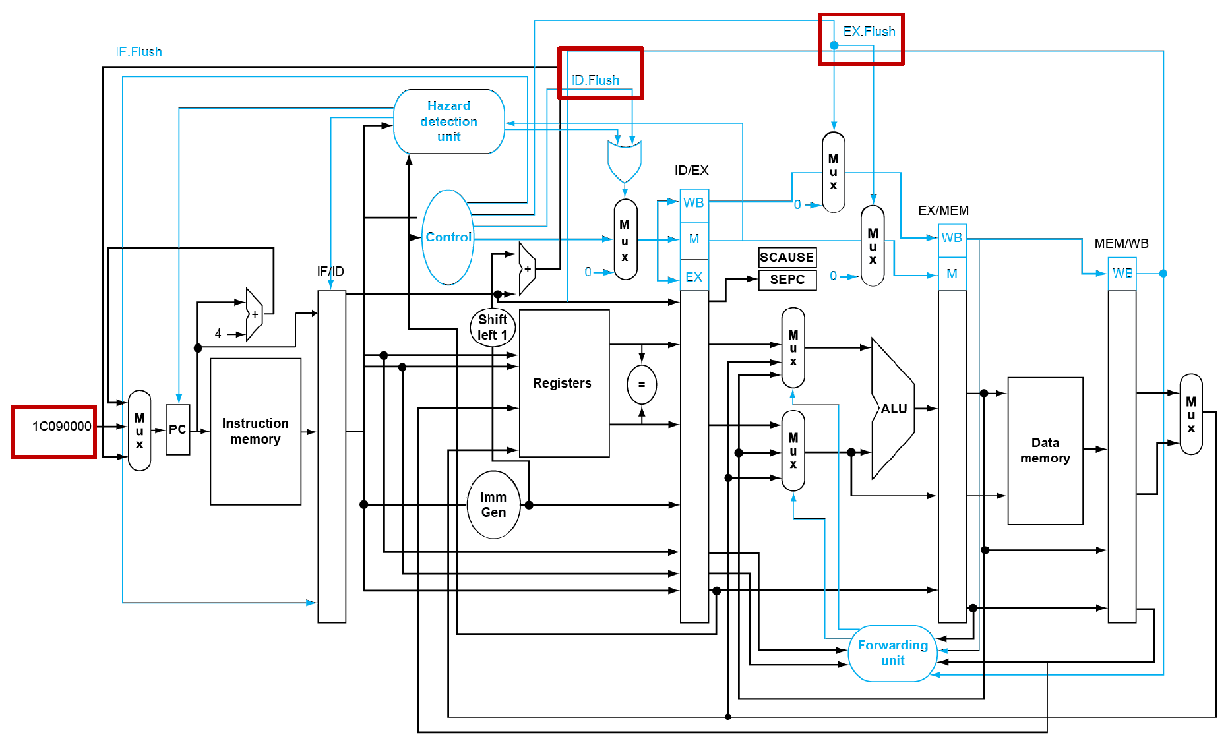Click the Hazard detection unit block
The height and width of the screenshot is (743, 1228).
[448, 121]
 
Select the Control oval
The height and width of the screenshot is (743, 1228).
[448, 237]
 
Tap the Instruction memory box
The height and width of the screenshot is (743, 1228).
[255, 431]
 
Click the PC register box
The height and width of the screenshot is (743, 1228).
[177, 430]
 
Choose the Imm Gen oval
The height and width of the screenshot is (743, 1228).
[493, 504]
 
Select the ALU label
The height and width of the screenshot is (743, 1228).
[894, 409]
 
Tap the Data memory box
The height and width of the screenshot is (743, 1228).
[1045, 450]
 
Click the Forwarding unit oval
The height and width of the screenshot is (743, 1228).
[892, 653]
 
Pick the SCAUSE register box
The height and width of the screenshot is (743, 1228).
[786, 257]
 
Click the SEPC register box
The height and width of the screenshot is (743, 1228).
[787, 280]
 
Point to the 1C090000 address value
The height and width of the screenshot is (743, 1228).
[61, 427]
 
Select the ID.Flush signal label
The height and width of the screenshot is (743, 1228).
[596, 80]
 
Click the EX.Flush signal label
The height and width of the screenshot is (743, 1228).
[869, 32]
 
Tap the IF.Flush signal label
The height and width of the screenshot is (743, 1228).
[138, 51]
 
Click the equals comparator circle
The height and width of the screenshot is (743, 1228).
[641, 384]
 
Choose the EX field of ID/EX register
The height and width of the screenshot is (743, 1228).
[694, 278]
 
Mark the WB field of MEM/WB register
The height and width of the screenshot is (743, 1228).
[1122, 273]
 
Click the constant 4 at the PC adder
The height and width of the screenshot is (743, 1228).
[218, 334]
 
